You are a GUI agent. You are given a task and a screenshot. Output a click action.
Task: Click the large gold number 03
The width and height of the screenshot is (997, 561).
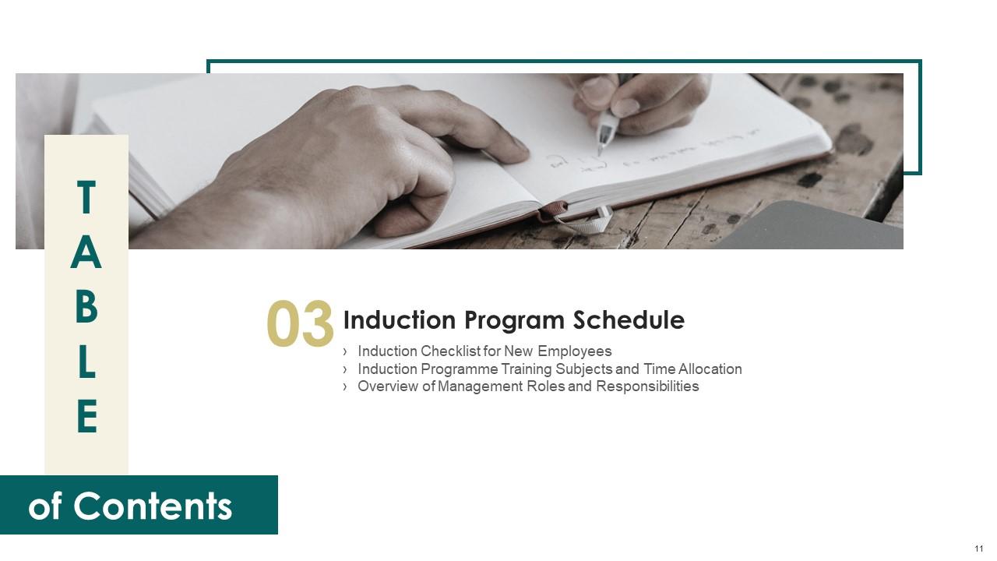[x=300, y=323]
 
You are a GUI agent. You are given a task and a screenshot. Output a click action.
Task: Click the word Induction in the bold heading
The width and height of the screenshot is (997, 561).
[x=400, y=319]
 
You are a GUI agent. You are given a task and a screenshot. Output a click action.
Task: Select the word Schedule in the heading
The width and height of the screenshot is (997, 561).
[x=629, y=319]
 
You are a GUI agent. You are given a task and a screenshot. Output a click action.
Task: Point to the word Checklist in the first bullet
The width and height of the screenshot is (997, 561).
[x=450, y=351]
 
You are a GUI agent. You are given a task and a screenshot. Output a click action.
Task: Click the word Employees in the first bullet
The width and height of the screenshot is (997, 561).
[x=575, y=351]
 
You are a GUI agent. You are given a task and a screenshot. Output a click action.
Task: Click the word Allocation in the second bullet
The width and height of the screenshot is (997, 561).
[x=710, y=369]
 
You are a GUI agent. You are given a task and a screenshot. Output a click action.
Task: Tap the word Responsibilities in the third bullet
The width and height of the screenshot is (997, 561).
[x=647, y=387]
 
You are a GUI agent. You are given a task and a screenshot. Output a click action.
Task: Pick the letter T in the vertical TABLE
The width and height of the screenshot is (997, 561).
[x=86, y=197]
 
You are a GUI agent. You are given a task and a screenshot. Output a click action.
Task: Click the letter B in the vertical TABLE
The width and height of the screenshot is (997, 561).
[x=86, y=307]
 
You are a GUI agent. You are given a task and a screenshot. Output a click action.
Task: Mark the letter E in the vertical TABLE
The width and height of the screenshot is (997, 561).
[x=87, y=416]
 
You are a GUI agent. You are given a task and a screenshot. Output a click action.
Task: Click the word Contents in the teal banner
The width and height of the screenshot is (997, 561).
[x=153, y=506]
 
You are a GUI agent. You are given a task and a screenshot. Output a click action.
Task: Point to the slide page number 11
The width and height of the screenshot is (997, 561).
[x=979, y=549]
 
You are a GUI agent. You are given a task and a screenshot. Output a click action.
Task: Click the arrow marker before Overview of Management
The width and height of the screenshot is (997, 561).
[x=345, y=387]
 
